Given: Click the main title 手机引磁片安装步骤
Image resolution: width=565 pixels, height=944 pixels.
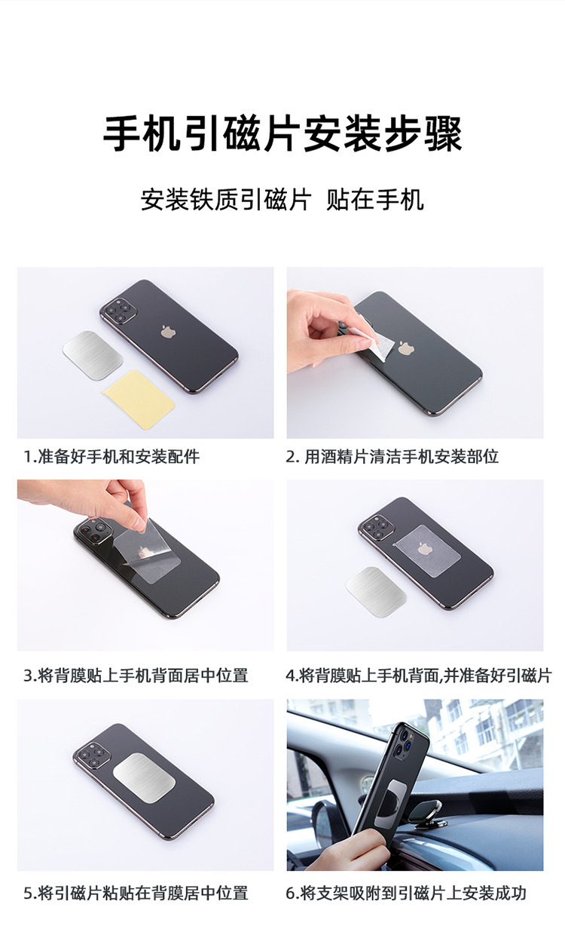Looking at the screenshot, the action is pyautogui.click(x=282, y=134).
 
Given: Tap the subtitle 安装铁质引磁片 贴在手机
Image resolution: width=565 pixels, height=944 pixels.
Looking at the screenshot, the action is pyautogui.click(x=282, y=199).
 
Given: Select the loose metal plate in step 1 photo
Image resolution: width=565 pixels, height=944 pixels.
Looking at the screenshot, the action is pyautogui.click(x=93, y=351).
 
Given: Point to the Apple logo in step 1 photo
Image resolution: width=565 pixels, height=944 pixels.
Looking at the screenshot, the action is pyautogui.click(x=168, y=332).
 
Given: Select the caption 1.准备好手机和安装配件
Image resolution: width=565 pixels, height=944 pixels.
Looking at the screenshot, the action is pyautogui.click(x=111, y=456).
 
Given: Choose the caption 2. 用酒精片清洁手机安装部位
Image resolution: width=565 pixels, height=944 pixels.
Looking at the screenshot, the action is pyautogui.click(x=392, y=456).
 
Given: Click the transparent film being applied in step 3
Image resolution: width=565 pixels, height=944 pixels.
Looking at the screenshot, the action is pyautogui.click(x=148, y=549).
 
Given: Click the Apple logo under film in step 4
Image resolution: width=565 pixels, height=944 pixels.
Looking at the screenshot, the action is pyautogui.click(x=423, y=548).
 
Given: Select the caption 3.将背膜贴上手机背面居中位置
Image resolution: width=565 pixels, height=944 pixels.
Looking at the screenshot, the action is pyautogui.click(x=136, y=676).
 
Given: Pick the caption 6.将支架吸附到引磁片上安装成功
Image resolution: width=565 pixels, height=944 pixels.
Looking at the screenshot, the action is pyautogui.click(x=406, y=893).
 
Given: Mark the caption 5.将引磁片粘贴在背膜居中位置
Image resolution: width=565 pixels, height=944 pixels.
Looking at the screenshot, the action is pyautogui.click(x=136, y=893).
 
